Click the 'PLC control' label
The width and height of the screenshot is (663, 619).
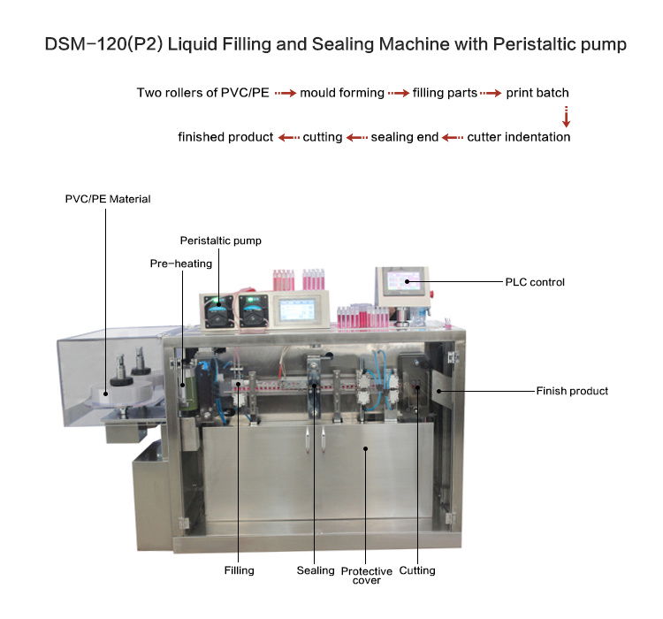click(x=534, y=282)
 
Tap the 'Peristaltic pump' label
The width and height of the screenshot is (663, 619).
click(x=221, y=241)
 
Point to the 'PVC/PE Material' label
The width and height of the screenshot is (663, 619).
click(x=108, y=199)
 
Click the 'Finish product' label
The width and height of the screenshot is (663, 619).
click(x=572, y=391)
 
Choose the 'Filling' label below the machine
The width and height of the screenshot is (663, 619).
click(x=239, y=571)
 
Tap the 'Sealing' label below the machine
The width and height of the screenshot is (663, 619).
click(x=316, y=571)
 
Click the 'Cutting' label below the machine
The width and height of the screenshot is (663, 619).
click(x=417, y=571)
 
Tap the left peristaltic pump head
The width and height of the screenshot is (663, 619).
click(x=216, y=309)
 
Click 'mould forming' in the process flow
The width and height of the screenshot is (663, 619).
click(x=342, y=93)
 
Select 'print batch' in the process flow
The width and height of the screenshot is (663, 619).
click(x=537, y=93)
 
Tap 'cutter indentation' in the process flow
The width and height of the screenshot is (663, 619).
click(x=519, y=137)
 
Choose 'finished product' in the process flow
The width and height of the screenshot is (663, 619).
click(x=225, y=137)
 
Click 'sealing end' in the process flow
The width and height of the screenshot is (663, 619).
click(x=405, y=137)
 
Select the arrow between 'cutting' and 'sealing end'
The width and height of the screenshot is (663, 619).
click(x=356, y=137)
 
